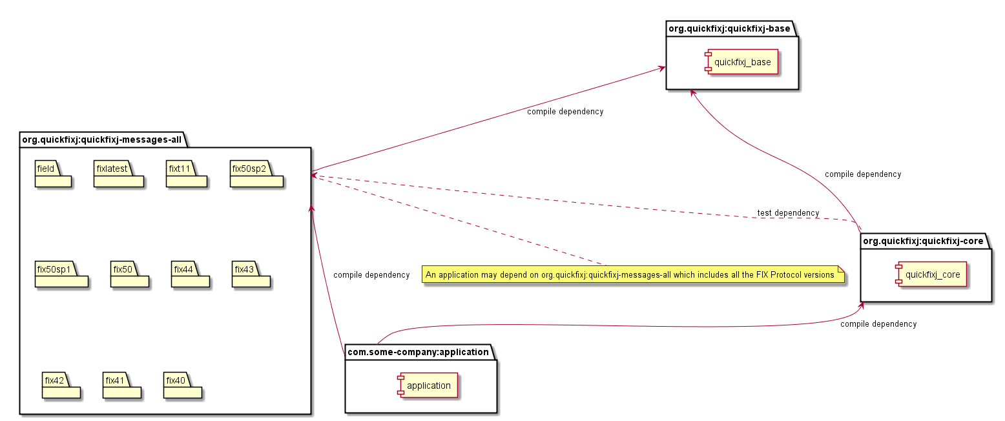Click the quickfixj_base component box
[743, 61]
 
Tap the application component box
[428, 385]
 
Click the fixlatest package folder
[118, 175]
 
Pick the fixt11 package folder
[186, 175]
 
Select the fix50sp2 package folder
[256, 175]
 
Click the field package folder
[52, 175]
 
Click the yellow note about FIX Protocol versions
[634, 274]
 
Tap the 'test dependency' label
[788, 213]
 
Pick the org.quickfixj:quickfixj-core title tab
[923, 241]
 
